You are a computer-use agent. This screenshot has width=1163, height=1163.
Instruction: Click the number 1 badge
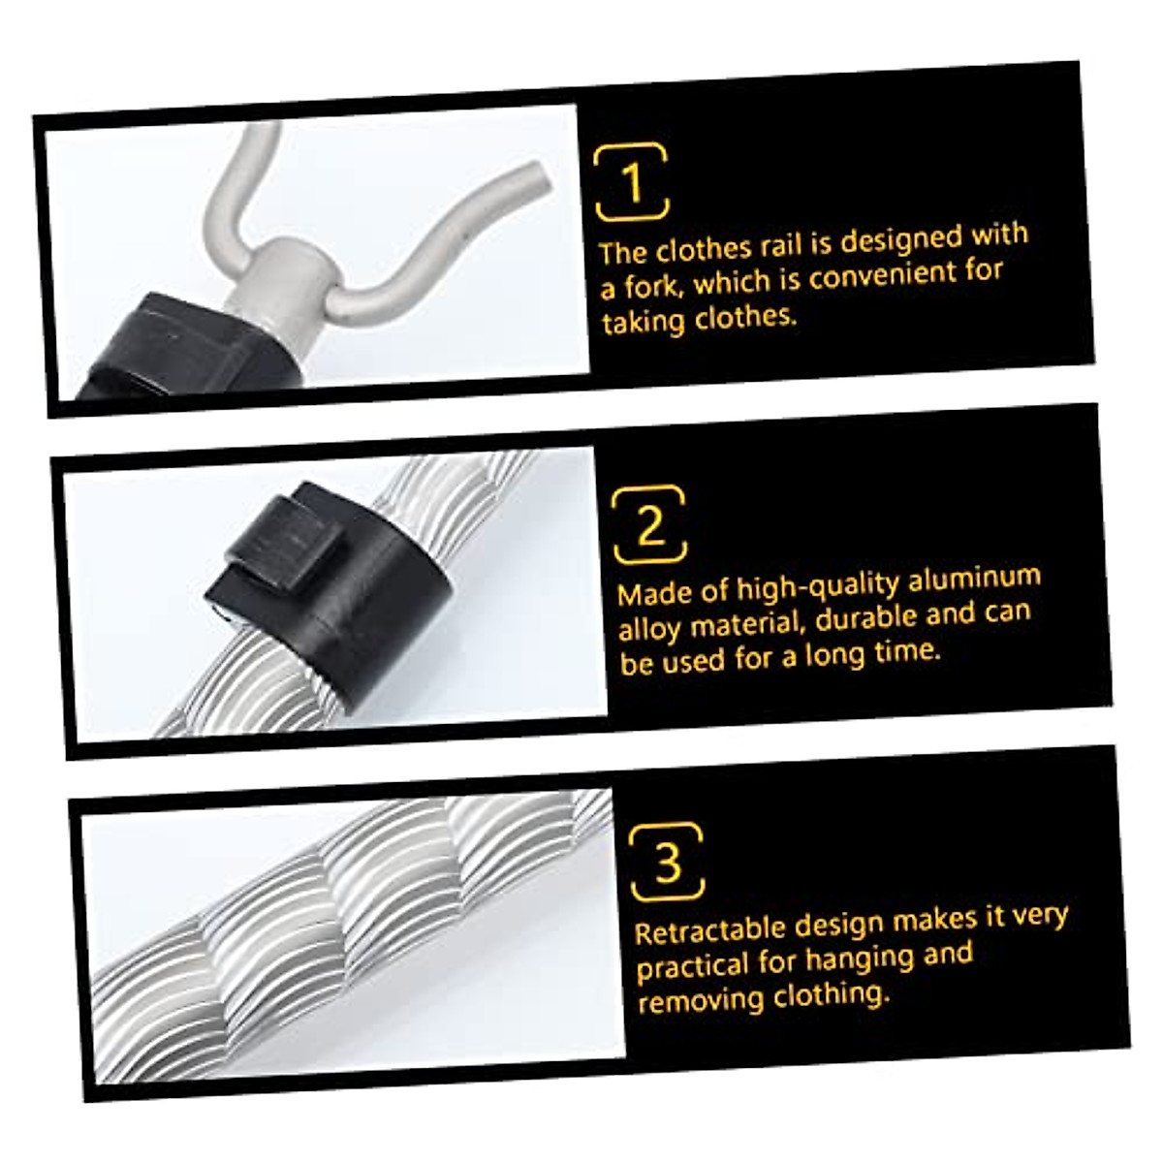pyautogui.click(x=632, y=181)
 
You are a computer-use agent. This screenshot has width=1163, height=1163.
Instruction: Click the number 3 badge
pyautogui.click(x=667, y=861)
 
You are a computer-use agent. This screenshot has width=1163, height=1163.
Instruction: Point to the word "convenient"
pyautogui.click(x=876, y=275)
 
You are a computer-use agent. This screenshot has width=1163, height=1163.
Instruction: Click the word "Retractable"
pyautogui.click(x=709, y=930)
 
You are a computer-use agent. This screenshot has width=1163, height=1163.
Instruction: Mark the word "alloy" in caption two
pyautogui.click(x=647, y=628)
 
